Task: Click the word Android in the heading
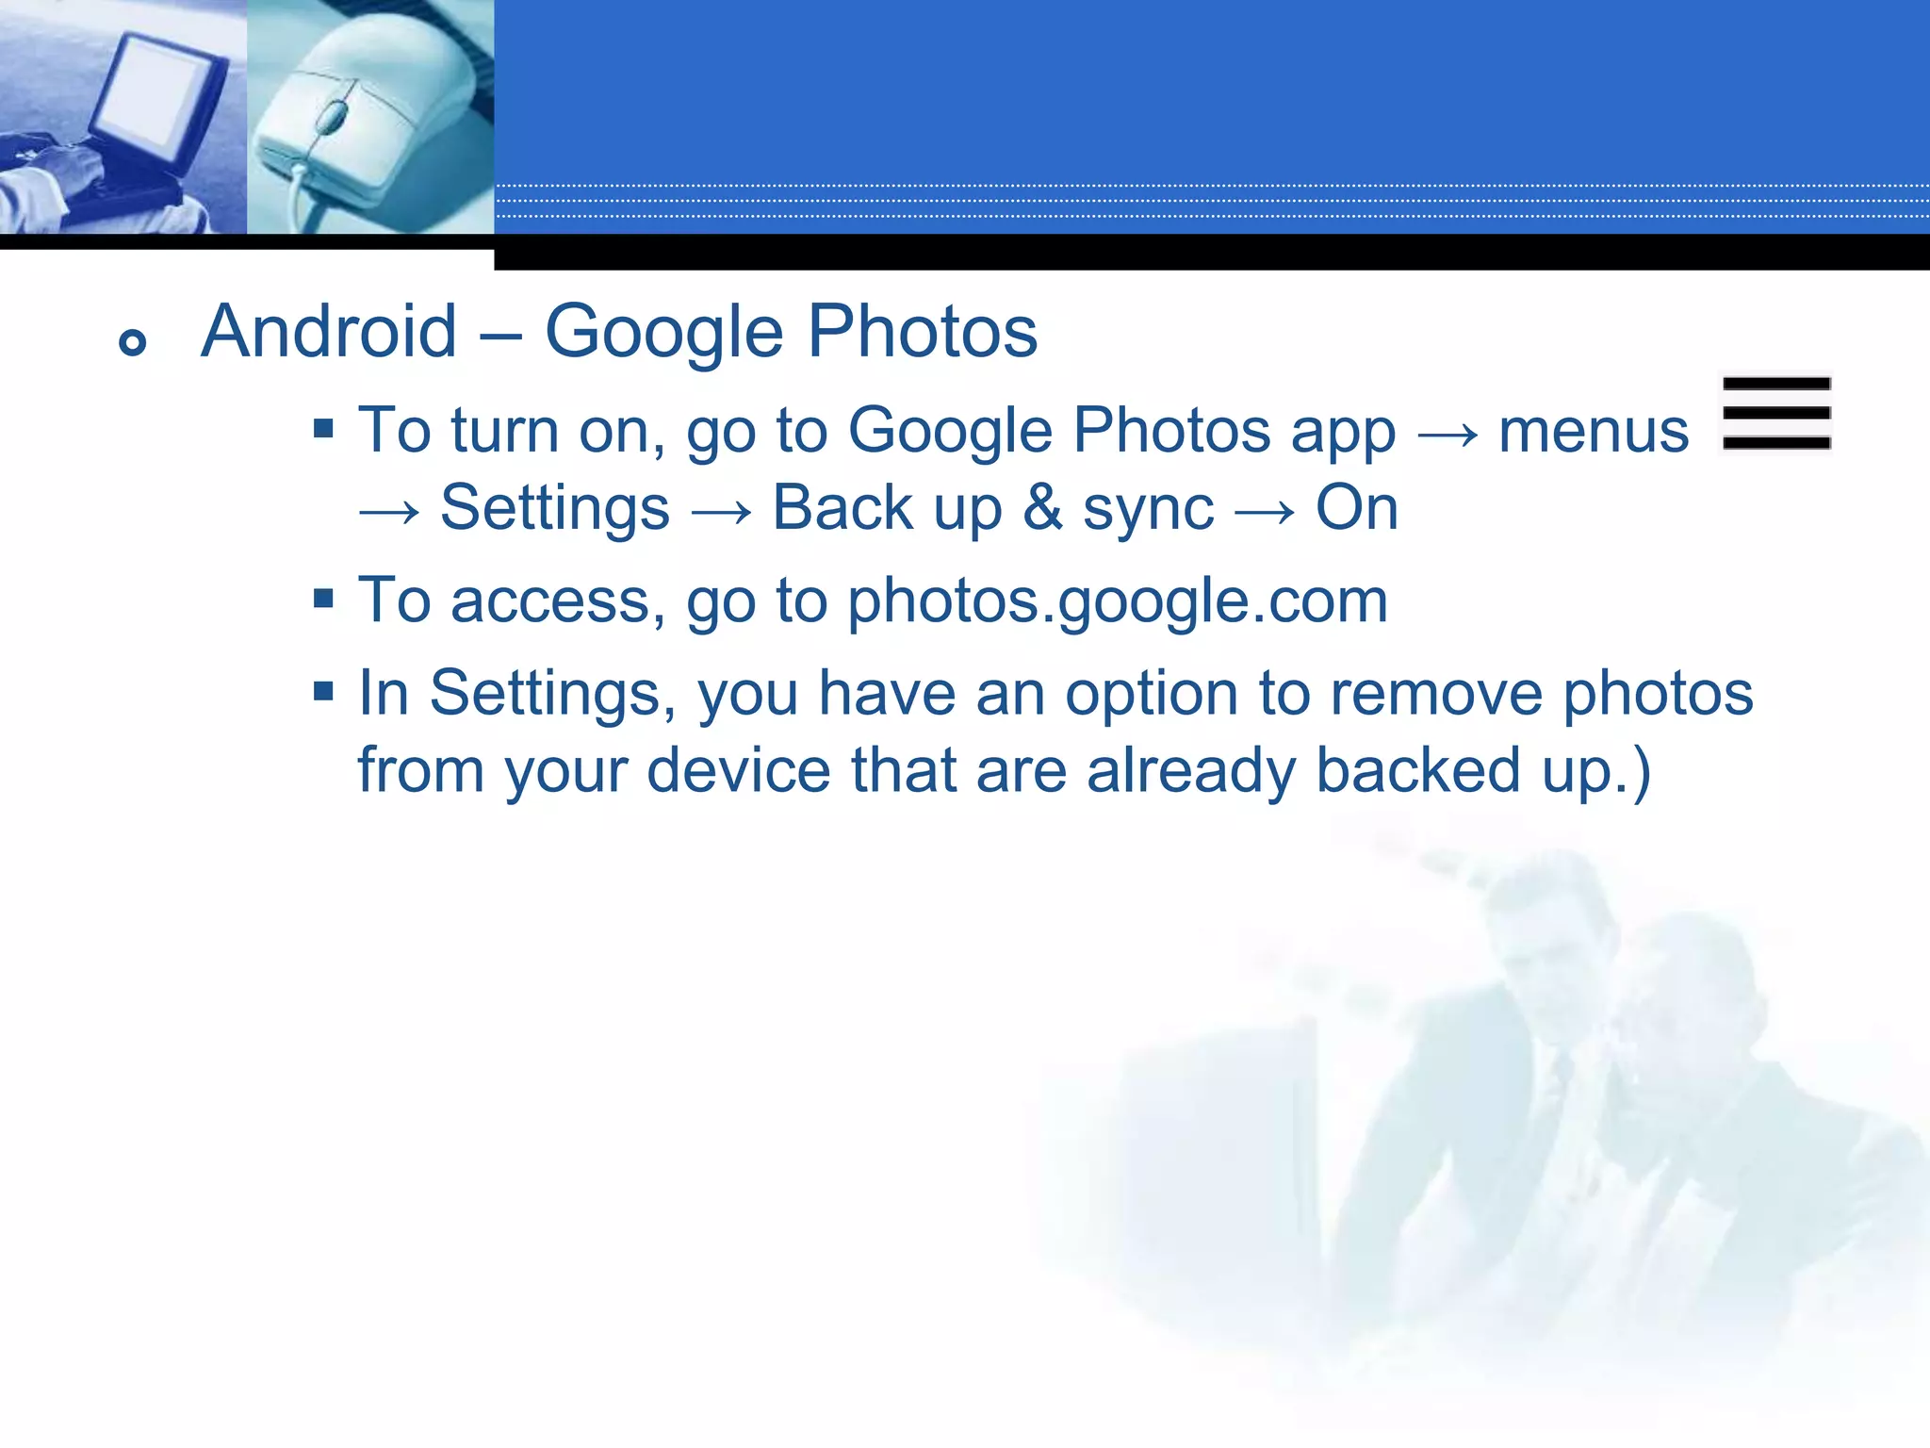(x=329, y=332)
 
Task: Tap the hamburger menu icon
(x=1776, y=413)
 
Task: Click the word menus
(x=1594, y=431)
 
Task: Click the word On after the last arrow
(x=1356, y=508)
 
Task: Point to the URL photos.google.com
(x=1118, y=601)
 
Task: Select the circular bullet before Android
(x=133, y=342)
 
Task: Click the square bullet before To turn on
(x=324, y=430)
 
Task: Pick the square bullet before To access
(x=324, y=599)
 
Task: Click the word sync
(x=1148, y=510)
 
